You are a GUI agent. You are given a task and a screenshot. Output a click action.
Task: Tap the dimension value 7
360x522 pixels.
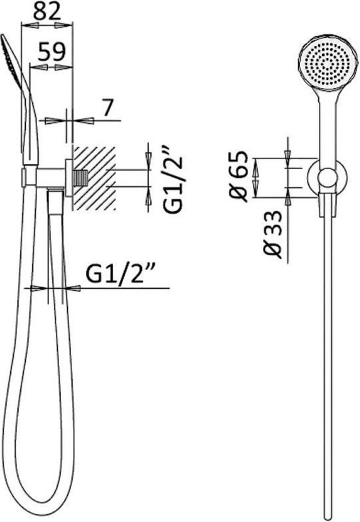(107, 107)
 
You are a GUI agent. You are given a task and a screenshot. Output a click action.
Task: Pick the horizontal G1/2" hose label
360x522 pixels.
(121, 273)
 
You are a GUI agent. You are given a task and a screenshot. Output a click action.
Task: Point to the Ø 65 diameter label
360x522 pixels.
(240, 176)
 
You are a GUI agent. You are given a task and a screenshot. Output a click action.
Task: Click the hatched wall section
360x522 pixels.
(94, 178)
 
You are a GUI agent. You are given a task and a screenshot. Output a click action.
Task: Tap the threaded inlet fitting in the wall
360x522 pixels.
(81, 178)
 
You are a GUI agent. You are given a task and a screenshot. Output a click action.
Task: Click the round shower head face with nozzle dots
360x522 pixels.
(328, 63)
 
